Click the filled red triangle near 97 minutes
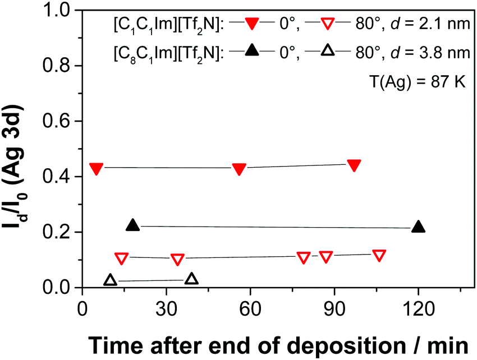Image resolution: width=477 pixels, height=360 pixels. click(354, 165)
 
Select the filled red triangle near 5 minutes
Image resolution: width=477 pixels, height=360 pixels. click(96, 168)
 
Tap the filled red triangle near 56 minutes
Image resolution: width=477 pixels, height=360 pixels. click(239, 169)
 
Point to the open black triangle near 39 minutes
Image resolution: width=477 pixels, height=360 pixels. click(191, 279)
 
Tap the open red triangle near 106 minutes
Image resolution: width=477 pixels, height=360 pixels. click(379, 255)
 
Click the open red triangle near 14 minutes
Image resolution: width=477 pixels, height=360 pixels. click(121, 258)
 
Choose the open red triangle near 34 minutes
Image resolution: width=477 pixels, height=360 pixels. click(177, 259)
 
